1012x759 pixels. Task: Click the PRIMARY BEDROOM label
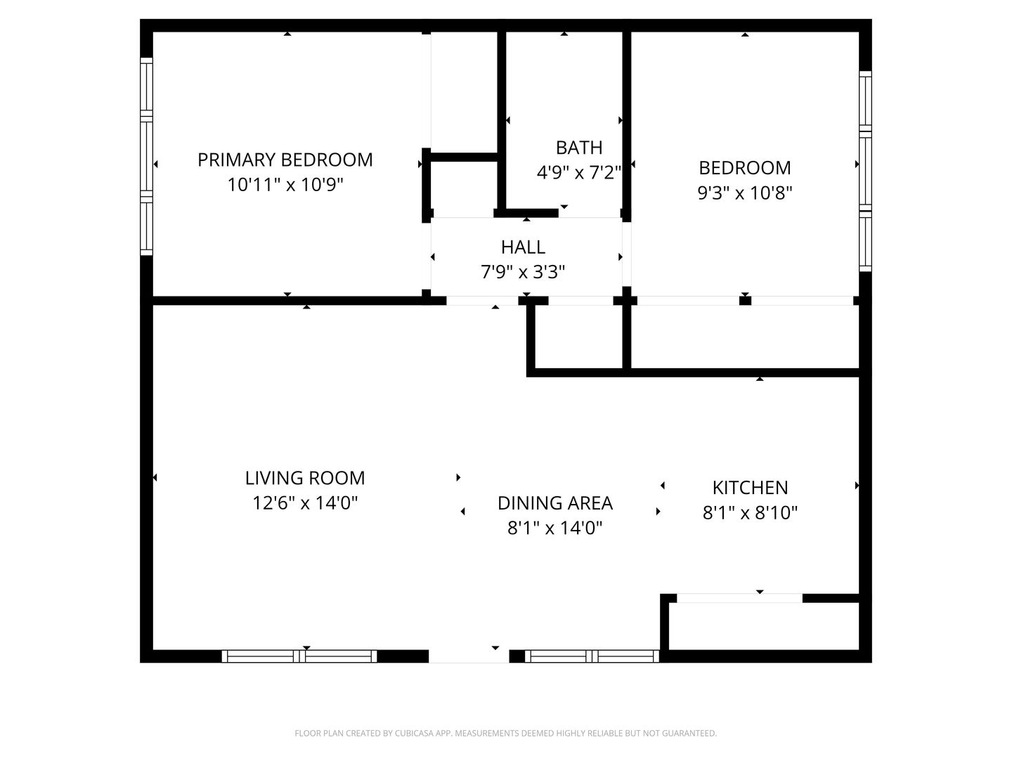[x=285, y=160]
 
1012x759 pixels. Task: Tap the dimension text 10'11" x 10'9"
[x=285, y=185]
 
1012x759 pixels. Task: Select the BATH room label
[x=579, y=148]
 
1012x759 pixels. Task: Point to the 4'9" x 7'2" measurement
[x=579, y=173]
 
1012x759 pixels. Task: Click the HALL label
[x=523, y=247]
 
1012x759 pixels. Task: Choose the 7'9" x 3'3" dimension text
[x=523, y=272]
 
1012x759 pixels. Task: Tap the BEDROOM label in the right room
[x=744, y=168]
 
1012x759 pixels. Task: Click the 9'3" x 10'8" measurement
[x=744, y=193]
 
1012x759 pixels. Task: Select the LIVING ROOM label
[x=305, y=479]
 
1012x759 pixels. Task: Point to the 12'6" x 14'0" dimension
[x=305, y=503]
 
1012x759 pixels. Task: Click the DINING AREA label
[x=554, y=503]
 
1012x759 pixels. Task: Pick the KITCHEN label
[x=750, y=488]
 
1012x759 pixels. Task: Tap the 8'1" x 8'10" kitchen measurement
[x=750, y=513]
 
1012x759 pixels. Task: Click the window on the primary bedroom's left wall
[x=146, y=156]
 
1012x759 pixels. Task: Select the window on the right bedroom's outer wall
[x=865, y=171]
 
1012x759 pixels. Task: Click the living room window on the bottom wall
[x=299, y=656]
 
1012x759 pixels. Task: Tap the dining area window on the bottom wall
[x=592, y=656]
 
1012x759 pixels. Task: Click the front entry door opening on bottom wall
[x=469, y=656]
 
